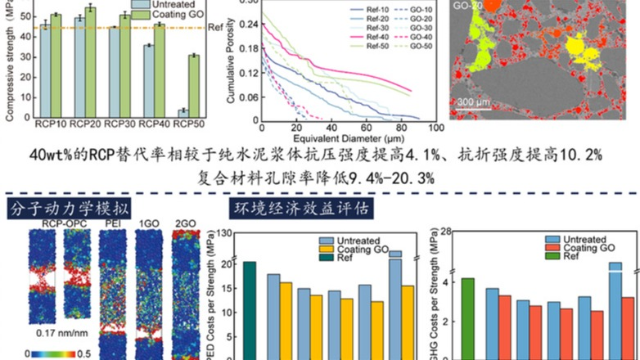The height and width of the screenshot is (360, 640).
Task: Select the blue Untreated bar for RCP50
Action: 183,113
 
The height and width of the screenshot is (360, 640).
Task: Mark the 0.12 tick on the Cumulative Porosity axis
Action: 246,73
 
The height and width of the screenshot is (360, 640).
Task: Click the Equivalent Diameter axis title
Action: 349,138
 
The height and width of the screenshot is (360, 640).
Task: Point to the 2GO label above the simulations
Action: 185,222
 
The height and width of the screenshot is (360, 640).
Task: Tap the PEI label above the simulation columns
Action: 111,222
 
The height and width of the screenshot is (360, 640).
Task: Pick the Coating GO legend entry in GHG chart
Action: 586,247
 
